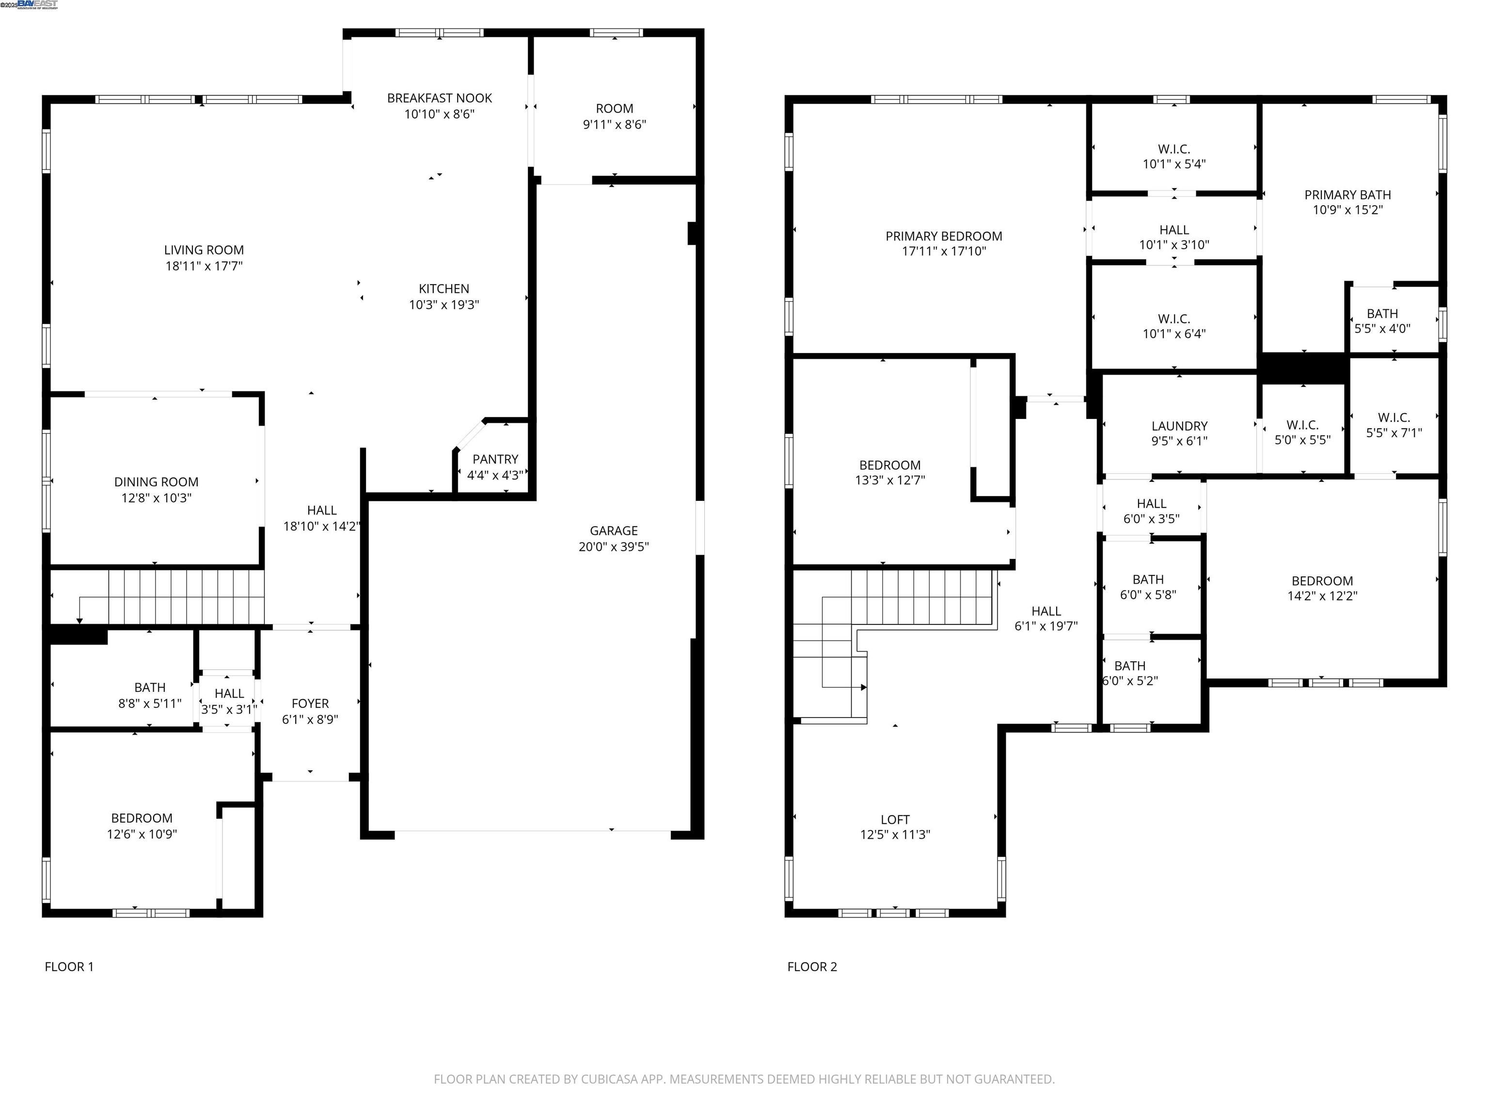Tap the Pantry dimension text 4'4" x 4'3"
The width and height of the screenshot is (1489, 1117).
tap(495, 475)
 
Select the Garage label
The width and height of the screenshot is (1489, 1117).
tap(613, 530)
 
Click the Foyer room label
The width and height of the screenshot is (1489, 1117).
tap(310, 703)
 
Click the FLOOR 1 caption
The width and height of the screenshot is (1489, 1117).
tap(69, 967)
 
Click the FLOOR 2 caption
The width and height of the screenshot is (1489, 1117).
tap(812, 967)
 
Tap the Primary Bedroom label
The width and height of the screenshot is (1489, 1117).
tap(943, 236)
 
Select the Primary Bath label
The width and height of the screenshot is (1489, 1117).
tap(1347, 194)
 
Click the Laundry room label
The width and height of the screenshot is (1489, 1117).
tap(1179, 426)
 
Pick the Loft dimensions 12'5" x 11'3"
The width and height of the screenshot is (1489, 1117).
tap(895, 835)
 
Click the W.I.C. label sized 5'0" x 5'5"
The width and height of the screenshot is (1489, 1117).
tap(1302, 425)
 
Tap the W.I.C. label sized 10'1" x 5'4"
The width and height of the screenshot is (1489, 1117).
tap(1173, 149)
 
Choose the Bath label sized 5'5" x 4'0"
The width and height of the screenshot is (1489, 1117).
tap(1382, 314)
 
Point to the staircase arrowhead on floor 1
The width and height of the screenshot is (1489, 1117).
tap(79, 620)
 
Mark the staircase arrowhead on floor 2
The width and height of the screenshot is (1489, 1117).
tap(864, 687)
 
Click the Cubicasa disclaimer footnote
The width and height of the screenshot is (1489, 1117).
tap(744, 1079)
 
